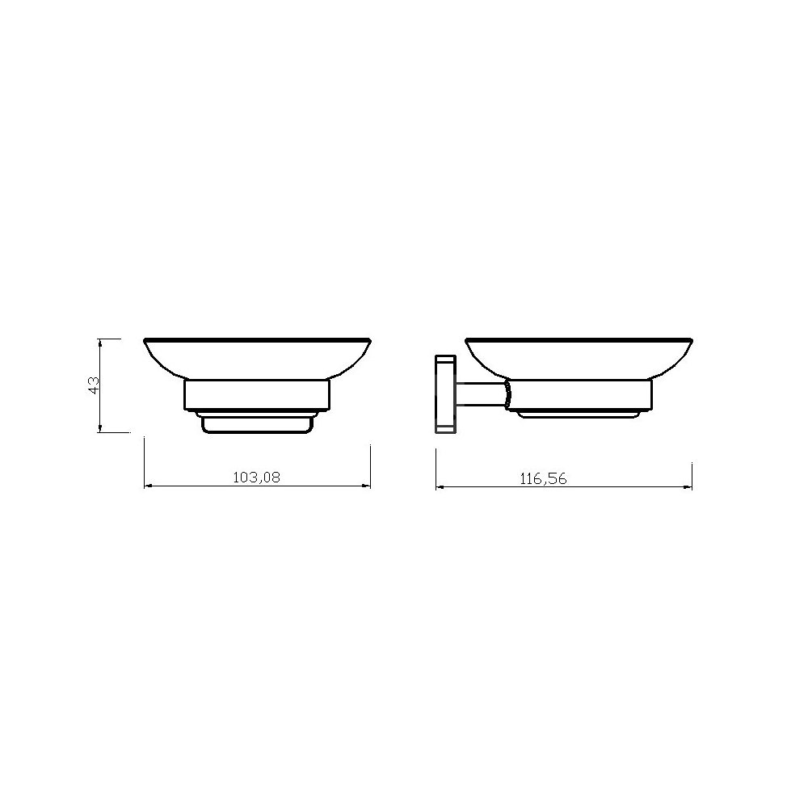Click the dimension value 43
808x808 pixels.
pos(94,385)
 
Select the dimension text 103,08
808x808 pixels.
pos(257,478)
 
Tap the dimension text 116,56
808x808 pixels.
pos(543,479)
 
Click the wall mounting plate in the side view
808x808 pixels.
pos(444,393)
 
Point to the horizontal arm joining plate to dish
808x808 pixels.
pos(479,395)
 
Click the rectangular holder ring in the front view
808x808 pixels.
pos(257,396)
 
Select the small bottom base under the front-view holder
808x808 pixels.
pos(257,423)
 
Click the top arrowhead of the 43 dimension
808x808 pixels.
pos(100,342)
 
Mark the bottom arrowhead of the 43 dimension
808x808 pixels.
pos(100,429)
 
